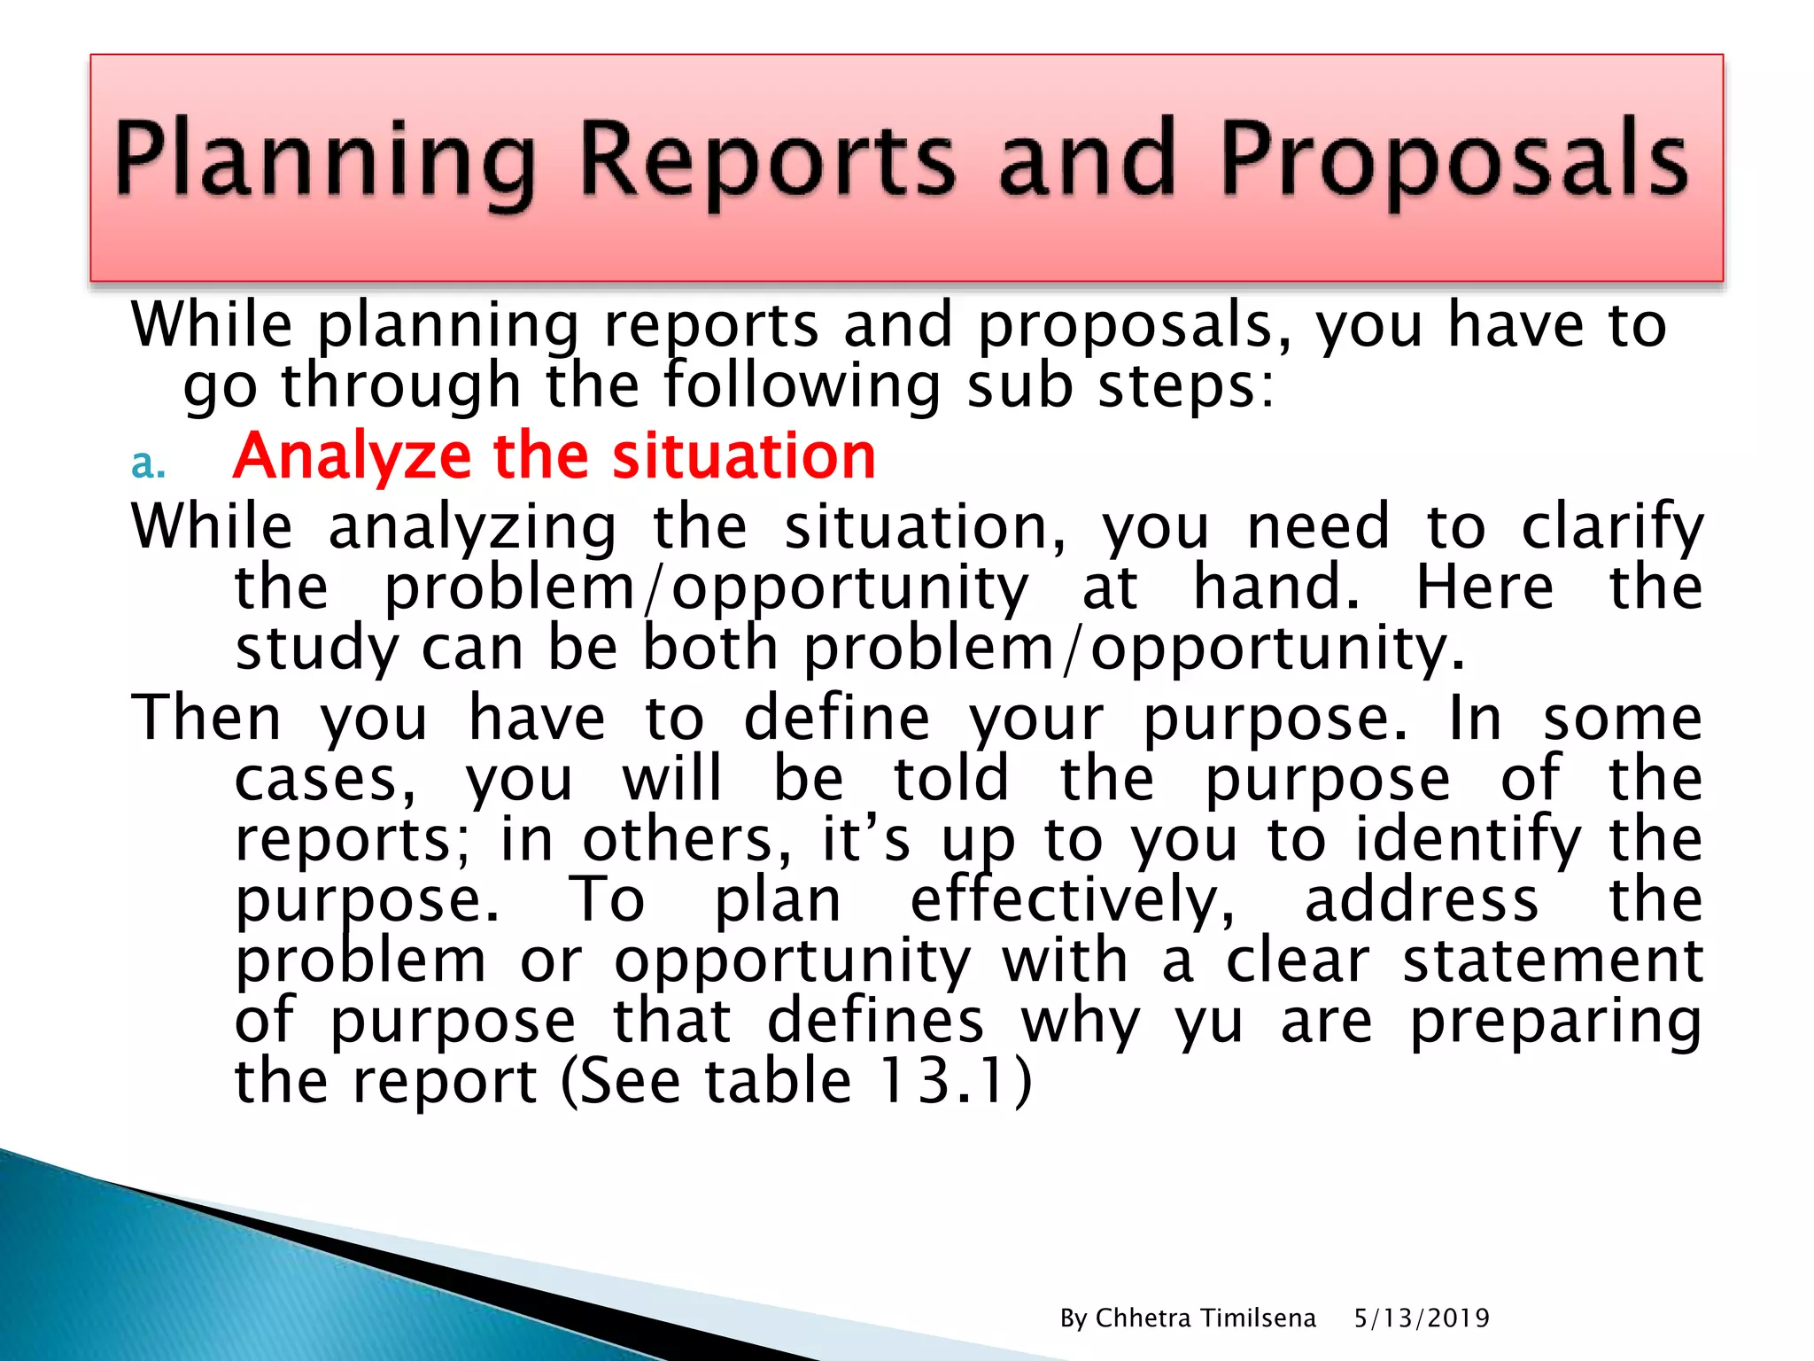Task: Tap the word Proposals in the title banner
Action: [x=1454, y=159]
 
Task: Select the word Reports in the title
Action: [x=767, y=159]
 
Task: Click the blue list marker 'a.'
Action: [x=148, y=463]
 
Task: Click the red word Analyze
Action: [x=352, y=456]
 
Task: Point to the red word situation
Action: [x=743, y=456]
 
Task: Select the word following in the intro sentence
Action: [x=802, y=387]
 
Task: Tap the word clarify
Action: [x=1611, y=528]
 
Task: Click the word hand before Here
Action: [x=1275, y=588]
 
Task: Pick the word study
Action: [x=317, y=649]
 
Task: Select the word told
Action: [x=950, y=779]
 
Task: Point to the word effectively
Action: [x=1072, y=900]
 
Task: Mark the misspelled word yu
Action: [x=1208, y=1023]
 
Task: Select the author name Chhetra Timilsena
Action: [x=1205, y=1318]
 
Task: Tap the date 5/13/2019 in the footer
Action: [x=1421, y=1318]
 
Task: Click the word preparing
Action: [x=1555, y=1023]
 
